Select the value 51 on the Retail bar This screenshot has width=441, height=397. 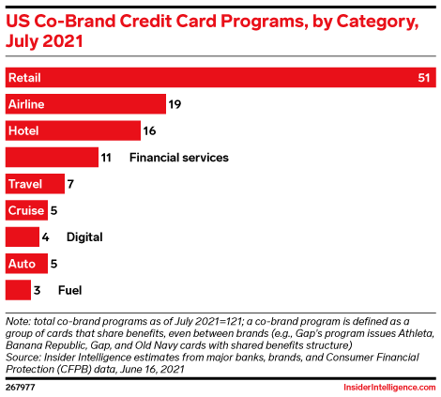click(x=423, y=77)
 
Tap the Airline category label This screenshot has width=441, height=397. click(x=25, y=104)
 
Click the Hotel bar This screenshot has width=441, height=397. click(x=73, y=130)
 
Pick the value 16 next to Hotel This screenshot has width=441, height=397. click(x=150, y=130)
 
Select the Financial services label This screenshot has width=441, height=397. click(x=178, y=158)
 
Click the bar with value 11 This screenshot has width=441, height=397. click(x=52, y=158)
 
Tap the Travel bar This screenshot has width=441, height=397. click(x=35, y=184)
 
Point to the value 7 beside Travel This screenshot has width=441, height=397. click(x=71, y=184)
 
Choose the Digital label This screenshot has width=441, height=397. click(x=84, y=237)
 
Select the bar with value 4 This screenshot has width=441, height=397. click(x=23, y=237)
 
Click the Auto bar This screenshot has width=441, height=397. click(x=23, y=264)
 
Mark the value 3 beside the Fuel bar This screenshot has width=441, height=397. click(x=37, y=291)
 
